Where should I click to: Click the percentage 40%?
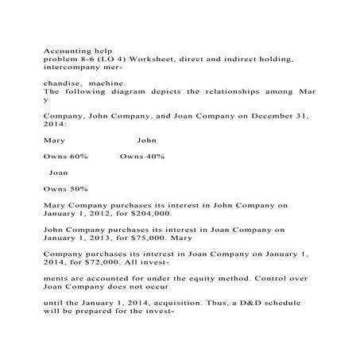tap(153, 156)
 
